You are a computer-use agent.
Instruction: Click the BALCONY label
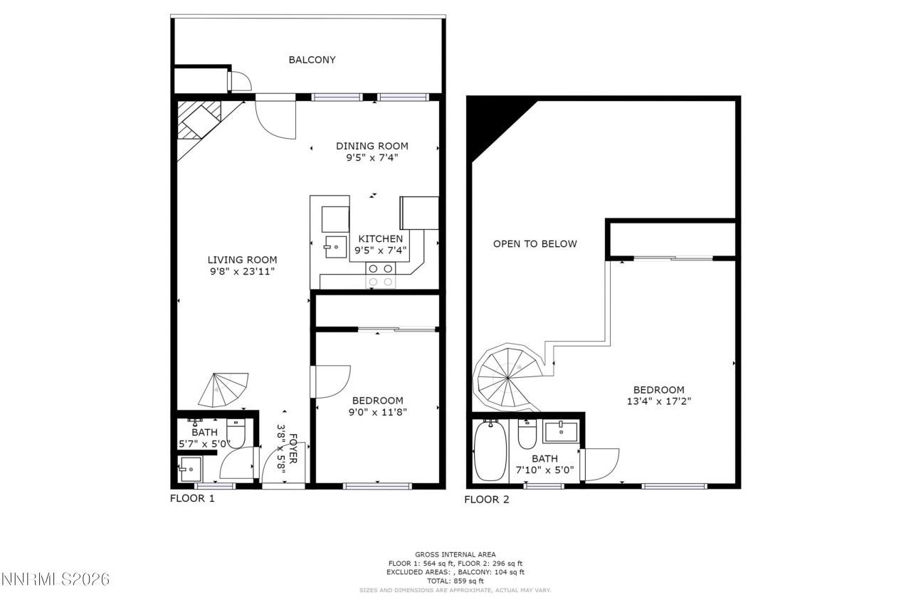pos(312,60)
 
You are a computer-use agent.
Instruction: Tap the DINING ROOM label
pos(372,146)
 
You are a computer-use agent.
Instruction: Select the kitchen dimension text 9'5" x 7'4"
pos(380,250)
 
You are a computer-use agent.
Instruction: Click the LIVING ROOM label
pos(242,260)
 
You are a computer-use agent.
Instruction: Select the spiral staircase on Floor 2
pos(507,376)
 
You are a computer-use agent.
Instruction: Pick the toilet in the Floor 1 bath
pos(236,431)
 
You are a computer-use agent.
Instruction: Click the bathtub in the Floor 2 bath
pos(490,450)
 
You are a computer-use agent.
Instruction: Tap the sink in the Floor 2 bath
pos(562,431)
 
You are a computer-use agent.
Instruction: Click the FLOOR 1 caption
pos(192,498)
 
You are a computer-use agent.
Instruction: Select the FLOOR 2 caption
pos(487,499)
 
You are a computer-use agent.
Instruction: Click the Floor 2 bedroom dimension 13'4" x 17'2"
pos(659,401)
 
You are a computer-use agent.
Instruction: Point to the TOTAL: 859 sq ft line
pos(455,581)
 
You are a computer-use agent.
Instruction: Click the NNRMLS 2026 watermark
pos(56,579)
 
